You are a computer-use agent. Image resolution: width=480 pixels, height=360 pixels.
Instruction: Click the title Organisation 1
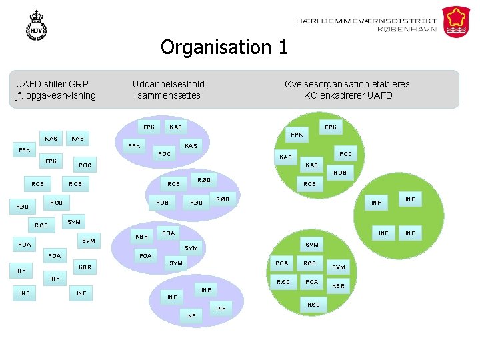pos(224,47)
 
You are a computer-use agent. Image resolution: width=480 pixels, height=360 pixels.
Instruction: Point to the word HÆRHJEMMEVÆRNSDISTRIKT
pos(366,21)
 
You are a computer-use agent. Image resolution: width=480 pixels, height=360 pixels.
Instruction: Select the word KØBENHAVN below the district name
pos(407,29)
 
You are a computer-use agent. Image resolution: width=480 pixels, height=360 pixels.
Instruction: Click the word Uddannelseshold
pos(169,84)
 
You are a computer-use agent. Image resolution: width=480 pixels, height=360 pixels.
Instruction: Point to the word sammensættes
pos(169,95)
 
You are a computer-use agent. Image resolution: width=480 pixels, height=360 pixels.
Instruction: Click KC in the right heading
pos(311,95)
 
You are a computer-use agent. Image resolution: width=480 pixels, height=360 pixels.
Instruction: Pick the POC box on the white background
pos(85,165)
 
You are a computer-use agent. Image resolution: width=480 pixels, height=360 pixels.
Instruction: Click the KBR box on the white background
pos(85,267)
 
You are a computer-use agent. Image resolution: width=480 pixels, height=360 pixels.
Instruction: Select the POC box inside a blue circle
pos(164,154)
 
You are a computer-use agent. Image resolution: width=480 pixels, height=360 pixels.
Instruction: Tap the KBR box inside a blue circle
pos(141,237)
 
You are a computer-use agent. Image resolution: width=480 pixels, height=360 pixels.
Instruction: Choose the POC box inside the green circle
pos(346,153)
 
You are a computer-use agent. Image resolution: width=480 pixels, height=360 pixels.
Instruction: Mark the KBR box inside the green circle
pos(338,285)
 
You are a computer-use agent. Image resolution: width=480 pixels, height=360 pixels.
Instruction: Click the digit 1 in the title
pos(282,47)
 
